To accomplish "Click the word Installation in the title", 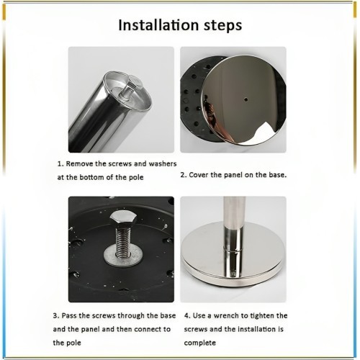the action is coord(158,25).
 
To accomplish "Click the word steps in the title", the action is coord(222,26).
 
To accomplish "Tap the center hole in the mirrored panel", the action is coord(246,99).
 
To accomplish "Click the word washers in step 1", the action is coord(163,163).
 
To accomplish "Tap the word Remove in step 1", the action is coord(79,163).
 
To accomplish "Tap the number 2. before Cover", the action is coord(184,175).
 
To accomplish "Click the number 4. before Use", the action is coord(187,315).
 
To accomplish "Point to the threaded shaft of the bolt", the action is coord(123,241).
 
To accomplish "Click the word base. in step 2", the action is coord(278,175).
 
